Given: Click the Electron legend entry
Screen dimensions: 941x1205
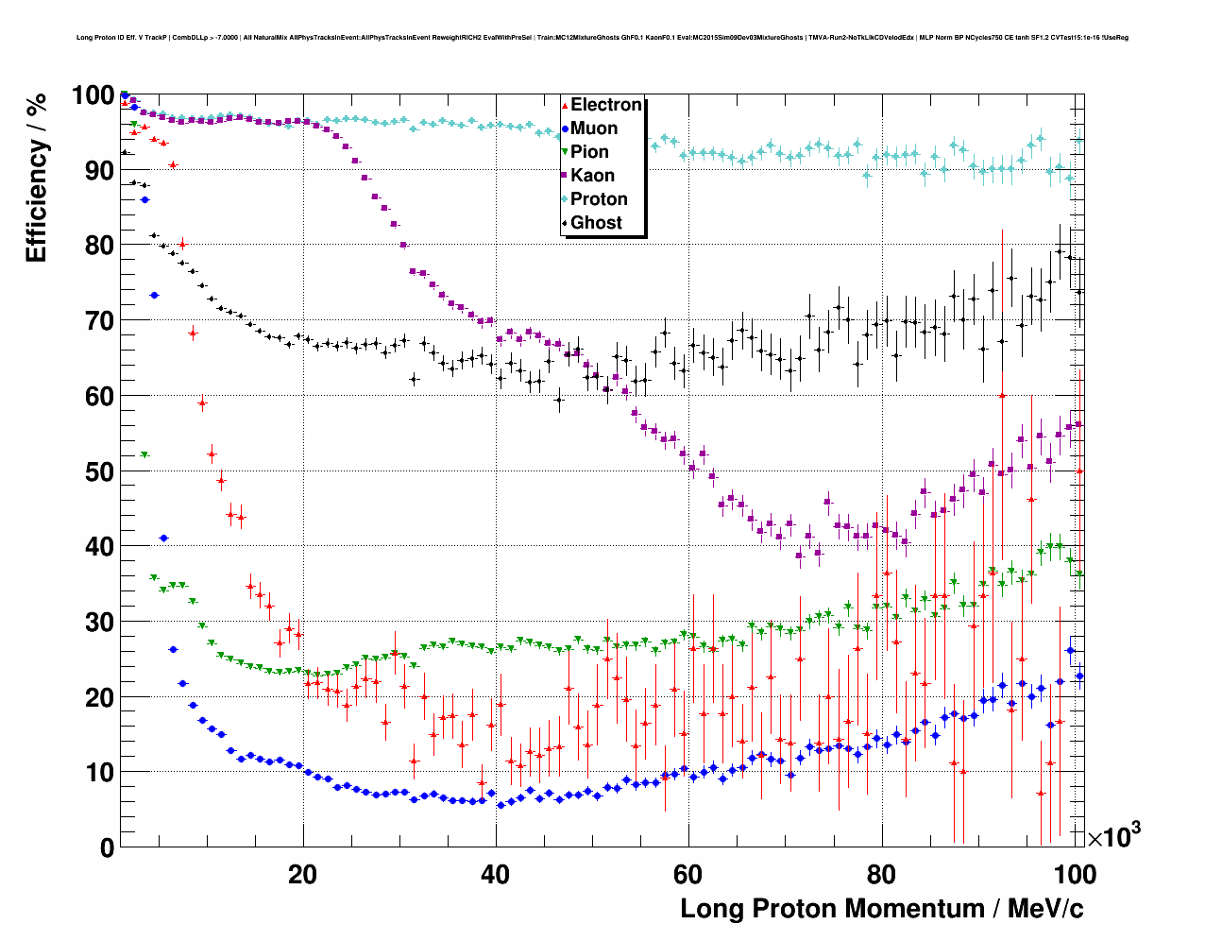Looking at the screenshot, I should coord(605,105).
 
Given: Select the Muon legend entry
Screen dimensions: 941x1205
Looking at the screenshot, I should coord(594,128).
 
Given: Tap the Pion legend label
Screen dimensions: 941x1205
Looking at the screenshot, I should coord(590,152).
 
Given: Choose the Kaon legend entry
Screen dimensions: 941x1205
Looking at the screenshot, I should coord(592,176).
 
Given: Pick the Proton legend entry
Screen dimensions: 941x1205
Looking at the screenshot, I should coord(599,199).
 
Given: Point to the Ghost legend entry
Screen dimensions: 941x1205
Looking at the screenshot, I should coord(596,223).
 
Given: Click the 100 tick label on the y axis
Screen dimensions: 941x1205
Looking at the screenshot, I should coord(93,95).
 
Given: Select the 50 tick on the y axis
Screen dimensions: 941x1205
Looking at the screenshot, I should coord(99,471).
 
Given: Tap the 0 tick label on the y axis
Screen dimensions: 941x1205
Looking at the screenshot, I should coord(107,847).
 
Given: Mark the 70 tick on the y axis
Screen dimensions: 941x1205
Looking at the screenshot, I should coord(99,321).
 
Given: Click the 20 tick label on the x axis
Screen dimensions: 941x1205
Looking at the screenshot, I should coord(302,874).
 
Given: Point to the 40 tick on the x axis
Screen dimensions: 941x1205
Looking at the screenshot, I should coord(495,874).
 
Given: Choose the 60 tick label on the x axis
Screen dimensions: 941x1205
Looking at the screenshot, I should coord(687,874).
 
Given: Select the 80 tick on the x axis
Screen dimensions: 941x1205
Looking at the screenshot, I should coord(880,874).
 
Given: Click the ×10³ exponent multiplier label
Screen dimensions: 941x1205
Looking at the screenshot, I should coord(1113,835).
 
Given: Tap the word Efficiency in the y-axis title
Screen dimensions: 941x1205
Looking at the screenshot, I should coord(37,199).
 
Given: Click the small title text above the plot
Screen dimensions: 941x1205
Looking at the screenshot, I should coord(602,38).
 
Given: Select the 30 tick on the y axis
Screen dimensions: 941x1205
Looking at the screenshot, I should coord(99,622).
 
